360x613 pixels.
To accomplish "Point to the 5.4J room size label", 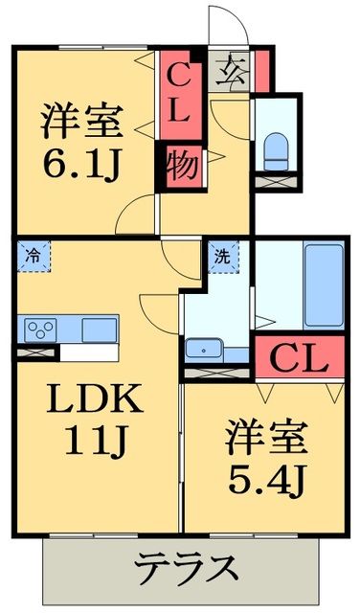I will (267, 475).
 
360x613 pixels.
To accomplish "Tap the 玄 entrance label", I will (233, 69).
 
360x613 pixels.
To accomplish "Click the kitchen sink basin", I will (100, 329).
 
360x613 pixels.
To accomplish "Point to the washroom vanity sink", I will (203, 349).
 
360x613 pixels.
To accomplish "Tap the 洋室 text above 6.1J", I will (82, 123).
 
